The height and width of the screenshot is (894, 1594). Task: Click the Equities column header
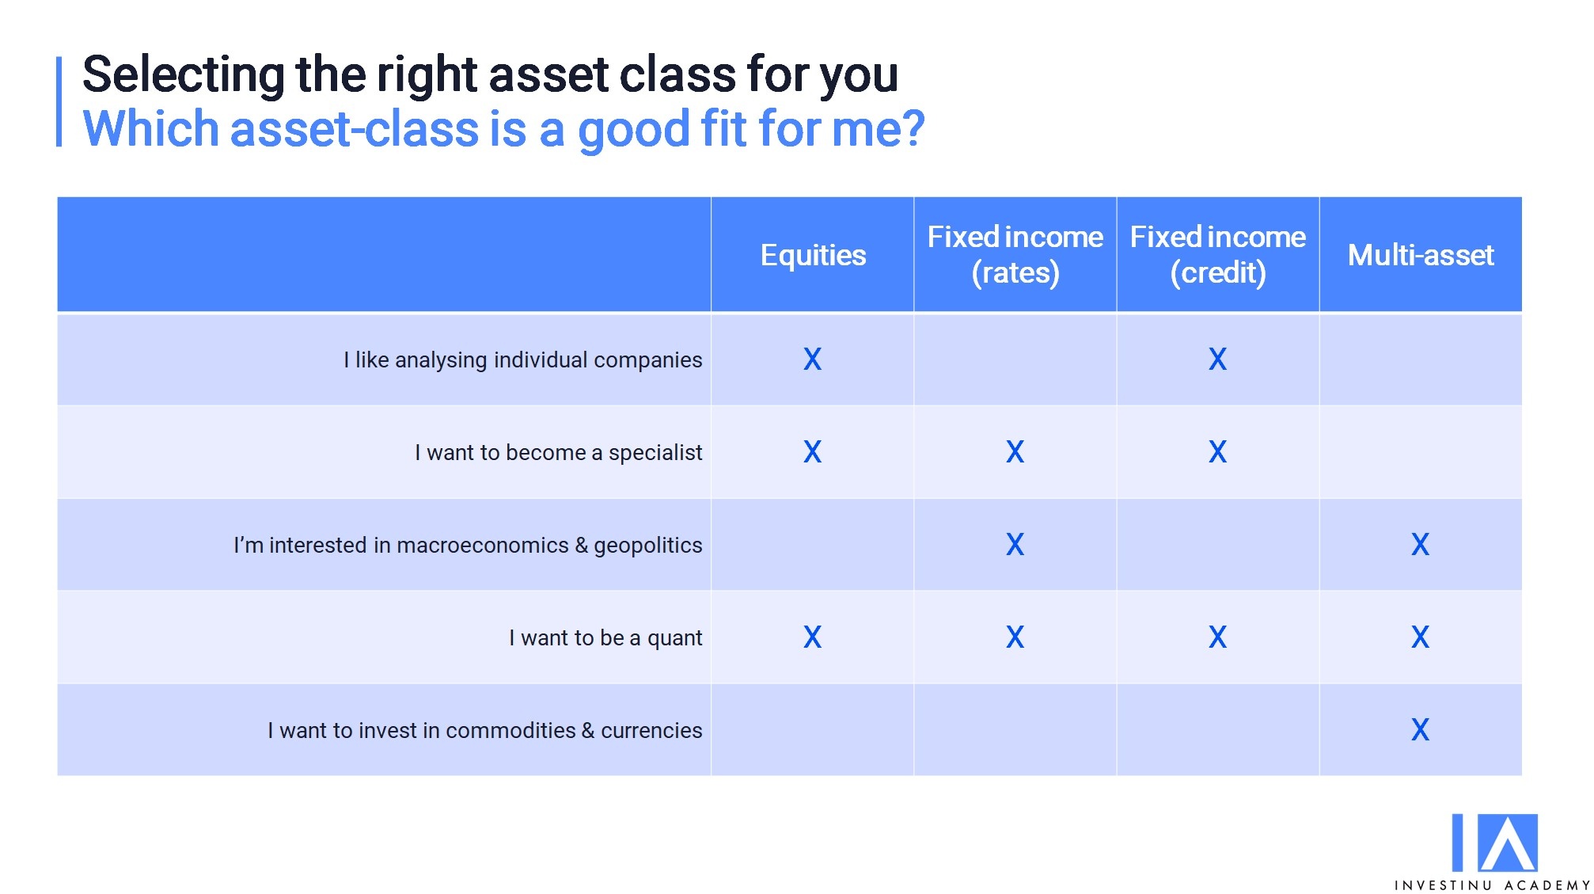(813, 255)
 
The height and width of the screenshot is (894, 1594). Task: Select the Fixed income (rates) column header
(1015, 254)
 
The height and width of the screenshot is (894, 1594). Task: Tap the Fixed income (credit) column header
(1217, 254)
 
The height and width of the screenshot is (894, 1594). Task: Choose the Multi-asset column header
(1421, 255)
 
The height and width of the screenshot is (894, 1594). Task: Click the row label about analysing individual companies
(522, 360)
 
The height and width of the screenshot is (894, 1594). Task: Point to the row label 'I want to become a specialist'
(558, 452)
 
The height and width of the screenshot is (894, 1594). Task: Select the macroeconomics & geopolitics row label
(468, 546)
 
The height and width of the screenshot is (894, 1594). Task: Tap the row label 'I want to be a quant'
(605, 638)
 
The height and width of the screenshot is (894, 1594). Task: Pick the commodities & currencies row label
(484, 730)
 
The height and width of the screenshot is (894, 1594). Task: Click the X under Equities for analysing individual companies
(813, 360)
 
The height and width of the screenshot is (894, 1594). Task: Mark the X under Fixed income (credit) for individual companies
(1217, 360)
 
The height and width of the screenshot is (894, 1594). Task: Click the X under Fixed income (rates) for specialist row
(1015, 452)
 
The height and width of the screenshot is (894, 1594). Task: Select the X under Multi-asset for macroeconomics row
(1421, 545)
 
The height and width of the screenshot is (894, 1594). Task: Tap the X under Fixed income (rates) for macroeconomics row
(1015, 545)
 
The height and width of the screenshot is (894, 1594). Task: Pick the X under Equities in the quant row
(813, 637)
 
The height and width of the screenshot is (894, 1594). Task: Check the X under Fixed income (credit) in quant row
(1217, 637)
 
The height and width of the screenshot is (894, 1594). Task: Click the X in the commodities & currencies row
(1421, 730)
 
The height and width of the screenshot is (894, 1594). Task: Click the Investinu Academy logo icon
(1494, 843)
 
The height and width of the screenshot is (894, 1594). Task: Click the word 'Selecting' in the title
(184, 75)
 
